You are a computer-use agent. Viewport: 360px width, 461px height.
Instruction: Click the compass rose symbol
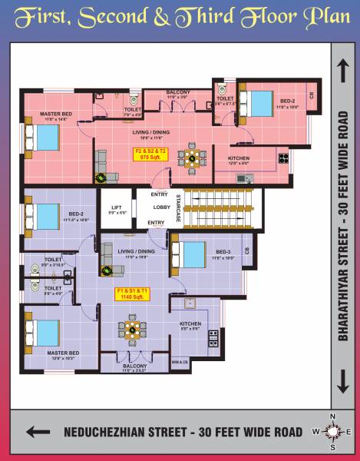coord(332,432)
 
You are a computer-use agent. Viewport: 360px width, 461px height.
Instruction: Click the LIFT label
coord(116,207)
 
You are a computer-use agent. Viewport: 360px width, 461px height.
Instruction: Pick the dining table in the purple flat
coord(133,330)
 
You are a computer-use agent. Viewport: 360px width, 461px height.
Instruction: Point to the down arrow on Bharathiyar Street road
coord(342,380)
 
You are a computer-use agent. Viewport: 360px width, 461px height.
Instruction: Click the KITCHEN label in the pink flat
coord(238,158)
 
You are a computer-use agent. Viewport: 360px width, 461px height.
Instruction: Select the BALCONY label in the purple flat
coord(134,366)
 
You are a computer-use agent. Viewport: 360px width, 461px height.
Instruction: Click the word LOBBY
coord(161,207)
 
